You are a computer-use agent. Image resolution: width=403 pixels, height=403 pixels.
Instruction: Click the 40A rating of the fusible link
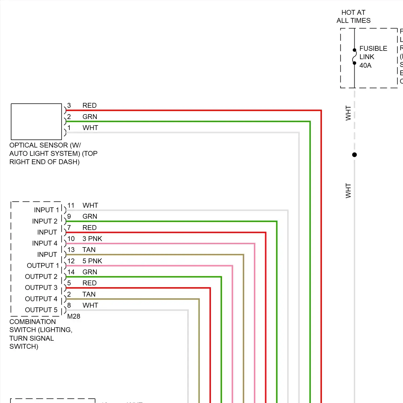coord(365,65)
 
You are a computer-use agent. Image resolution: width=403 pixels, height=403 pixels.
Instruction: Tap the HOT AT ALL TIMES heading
coord(353,16)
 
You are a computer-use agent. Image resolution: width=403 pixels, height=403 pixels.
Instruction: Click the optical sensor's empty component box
coord(36,121)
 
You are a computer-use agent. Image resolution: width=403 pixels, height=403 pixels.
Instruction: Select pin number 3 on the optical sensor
coord(69,105)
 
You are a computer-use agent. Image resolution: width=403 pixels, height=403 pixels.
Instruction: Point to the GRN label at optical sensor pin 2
coord(90,117)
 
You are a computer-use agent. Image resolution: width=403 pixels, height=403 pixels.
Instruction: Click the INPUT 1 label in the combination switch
coord(46,210)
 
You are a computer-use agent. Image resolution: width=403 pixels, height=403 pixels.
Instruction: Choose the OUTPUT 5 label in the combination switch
coord(41,310)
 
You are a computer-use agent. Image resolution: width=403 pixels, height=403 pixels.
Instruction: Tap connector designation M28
coord(74,316)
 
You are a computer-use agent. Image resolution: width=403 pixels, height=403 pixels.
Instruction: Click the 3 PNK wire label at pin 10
coord(92,239)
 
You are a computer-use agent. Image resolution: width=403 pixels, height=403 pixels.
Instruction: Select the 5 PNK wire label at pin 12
coord(92,261)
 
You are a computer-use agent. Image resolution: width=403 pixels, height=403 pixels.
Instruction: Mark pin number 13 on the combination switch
coord(71,250)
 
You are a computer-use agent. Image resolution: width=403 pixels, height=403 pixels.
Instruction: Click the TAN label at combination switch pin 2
coord(89,294)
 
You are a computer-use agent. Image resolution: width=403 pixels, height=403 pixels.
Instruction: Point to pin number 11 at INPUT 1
coord(71,206)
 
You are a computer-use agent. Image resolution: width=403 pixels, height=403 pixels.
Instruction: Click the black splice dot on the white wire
coord(354,155)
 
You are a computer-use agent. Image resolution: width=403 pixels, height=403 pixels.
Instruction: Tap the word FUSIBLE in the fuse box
coord(373,48)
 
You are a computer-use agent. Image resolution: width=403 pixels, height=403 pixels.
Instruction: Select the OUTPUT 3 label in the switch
coord(41,287)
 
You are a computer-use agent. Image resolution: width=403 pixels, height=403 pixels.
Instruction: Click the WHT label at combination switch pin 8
coord(90,305)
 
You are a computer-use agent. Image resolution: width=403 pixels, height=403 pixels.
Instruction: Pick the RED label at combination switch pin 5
coord(89,283)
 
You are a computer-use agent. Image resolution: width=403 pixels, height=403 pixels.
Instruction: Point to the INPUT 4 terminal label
coord(45,243)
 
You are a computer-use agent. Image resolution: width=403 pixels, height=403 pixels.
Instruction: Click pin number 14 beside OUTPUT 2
coord(71,272)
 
